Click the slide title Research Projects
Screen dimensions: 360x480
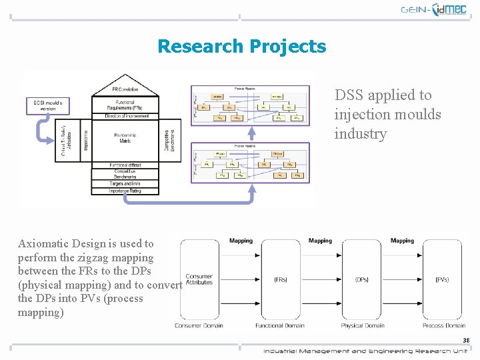[x=241, y=47]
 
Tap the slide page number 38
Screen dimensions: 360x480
[x=466, y=341]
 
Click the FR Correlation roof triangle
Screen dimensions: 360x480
[x=125, y=87]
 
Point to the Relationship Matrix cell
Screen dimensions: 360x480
[x=125, y=138]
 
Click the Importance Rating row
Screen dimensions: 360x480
[x=125, y=191]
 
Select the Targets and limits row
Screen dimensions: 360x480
[x=125, y=183]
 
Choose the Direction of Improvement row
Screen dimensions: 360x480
[x=125, y=116]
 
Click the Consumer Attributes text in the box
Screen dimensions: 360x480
[x=199, y=279]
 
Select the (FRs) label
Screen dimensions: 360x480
[x=281, y=279]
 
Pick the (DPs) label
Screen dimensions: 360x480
[x=361, y=279]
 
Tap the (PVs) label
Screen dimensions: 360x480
[x=442, y=279]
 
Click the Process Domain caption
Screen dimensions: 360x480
[x=443, y=325]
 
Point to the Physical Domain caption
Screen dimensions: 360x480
[x=362, y=325]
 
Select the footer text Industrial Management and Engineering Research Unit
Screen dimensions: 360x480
[x=365, y=351]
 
